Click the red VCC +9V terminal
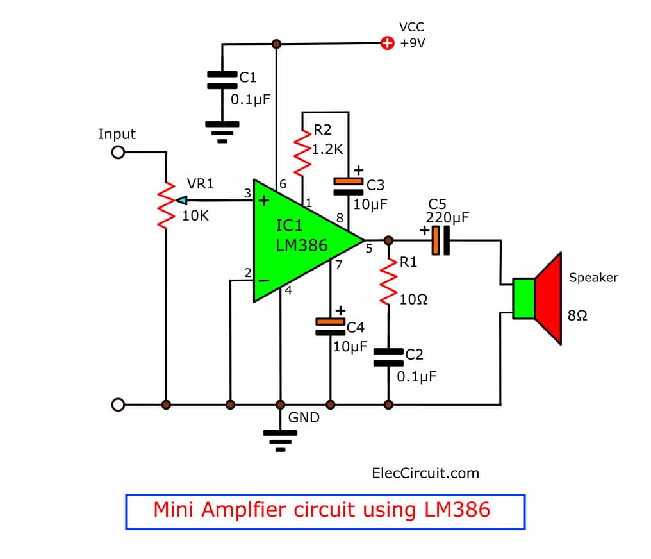click(x=387, y=44)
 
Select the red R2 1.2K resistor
click(x=301, y=153)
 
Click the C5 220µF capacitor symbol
click(x=440, y=240)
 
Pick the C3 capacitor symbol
click(x=349, y=187)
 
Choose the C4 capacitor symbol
click(x=331, y=327)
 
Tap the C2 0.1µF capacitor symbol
click(x=388, y=358)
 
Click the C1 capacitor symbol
click(x=222, y=79)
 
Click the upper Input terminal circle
click(x=118, y=153)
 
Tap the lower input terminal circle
click(x=118, y=405)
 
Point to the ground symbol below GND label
click(x=280, y=437)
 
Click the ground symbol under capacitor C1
click(x=222, y=128)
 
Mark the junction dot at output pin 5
click(x=388, y=240)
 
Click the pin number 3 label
click(x=247, y=193)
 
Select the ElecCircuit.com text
click(x=425, y=473)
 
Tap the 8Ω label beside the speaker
click(x=577, y=316)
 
